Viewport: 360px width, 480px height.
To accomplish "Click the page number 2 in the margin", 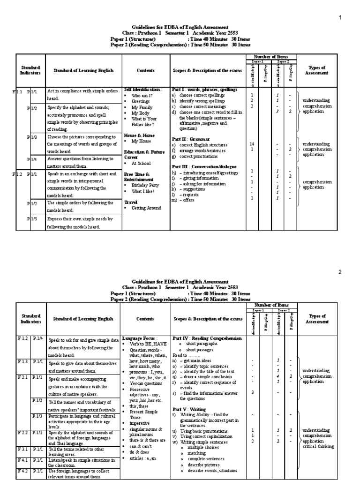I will (341, 271).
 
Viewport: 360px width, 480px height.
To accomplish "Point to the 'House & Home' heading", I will (139, 135).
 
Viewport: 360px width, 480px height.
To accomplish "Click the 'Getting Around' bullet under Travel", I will (146, 208).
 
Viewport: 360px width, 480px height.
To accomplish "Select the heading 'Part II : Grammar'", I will (190, 139).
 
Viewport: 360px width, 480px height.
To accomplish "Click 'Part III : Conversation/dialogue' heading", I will (204, 166).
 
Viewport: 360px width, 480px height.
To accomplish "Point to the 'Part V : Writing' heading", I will (188, 409).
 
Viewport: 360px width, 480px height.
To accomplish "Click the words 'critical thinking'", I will (318, 447).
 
